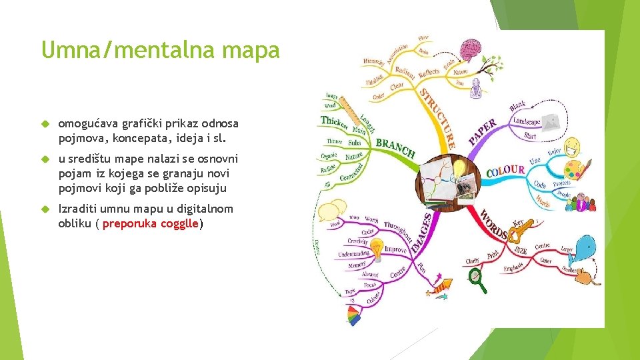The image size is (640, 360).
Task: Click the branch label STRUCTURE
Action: point(437,113)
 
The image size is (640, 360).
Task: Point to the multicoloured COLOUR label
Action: point(505,171)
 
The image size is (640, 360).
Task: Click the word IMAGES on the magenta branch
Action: point(421,233)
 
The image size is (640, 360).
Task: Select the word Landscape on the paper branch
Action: point(527,121)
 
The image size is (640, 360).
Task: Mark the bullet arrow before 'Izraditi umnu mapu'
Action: point(46,209)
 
